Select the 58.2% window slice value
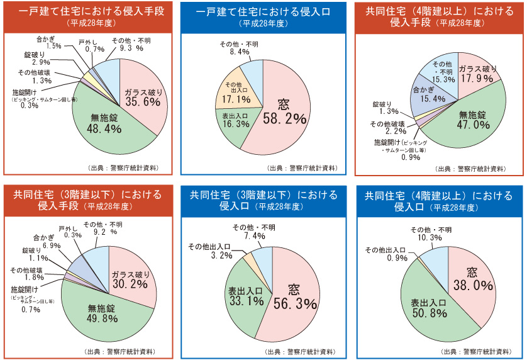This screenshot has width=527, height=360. pyautogui.click(x=284, y=118)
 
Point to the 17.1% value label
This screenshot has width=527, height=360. pyautogui.click(x=234, y=99)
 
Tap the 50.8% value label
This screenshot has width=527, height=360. pyautogui.click(x=421, y=312)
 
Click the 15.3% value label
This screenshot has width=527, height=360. pyautogui.click(x=442, y=79)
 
